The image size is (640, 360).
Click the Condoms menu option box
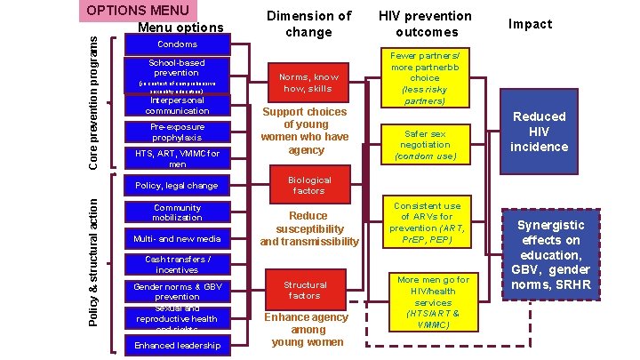[x=177, y=44]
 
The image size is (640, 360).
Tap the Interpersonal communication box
[x=177, y=106]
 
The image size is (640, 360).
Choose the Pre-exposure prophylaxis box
[x=177, y=132]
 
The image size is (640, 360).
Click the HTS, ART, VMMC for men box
[x=177, y=159]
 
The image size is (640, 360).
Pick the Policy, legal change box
[x=177, y=186]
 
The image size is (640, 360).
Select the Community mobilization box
[x=177, y=212]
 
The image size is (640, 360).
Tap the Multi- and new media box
[x=177, y=238]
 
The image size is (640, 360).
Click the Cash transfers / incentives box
[x=177, y=264]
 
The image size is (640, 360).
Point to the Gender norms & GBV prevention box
[x=177, y=292]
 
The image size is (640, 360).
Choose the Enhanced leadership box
[x=177, y=344]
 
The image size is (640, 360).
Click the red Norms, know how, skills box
[x=308, y=83]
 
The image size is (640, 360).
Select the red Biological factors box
[x=308, y=185]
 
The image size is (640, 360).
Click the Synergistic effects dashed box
[x=551, y=253]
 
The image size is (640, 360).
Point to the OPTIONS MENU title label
[x=140, y=11]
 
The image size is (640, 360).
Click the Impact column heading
[x=532, y=24]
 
